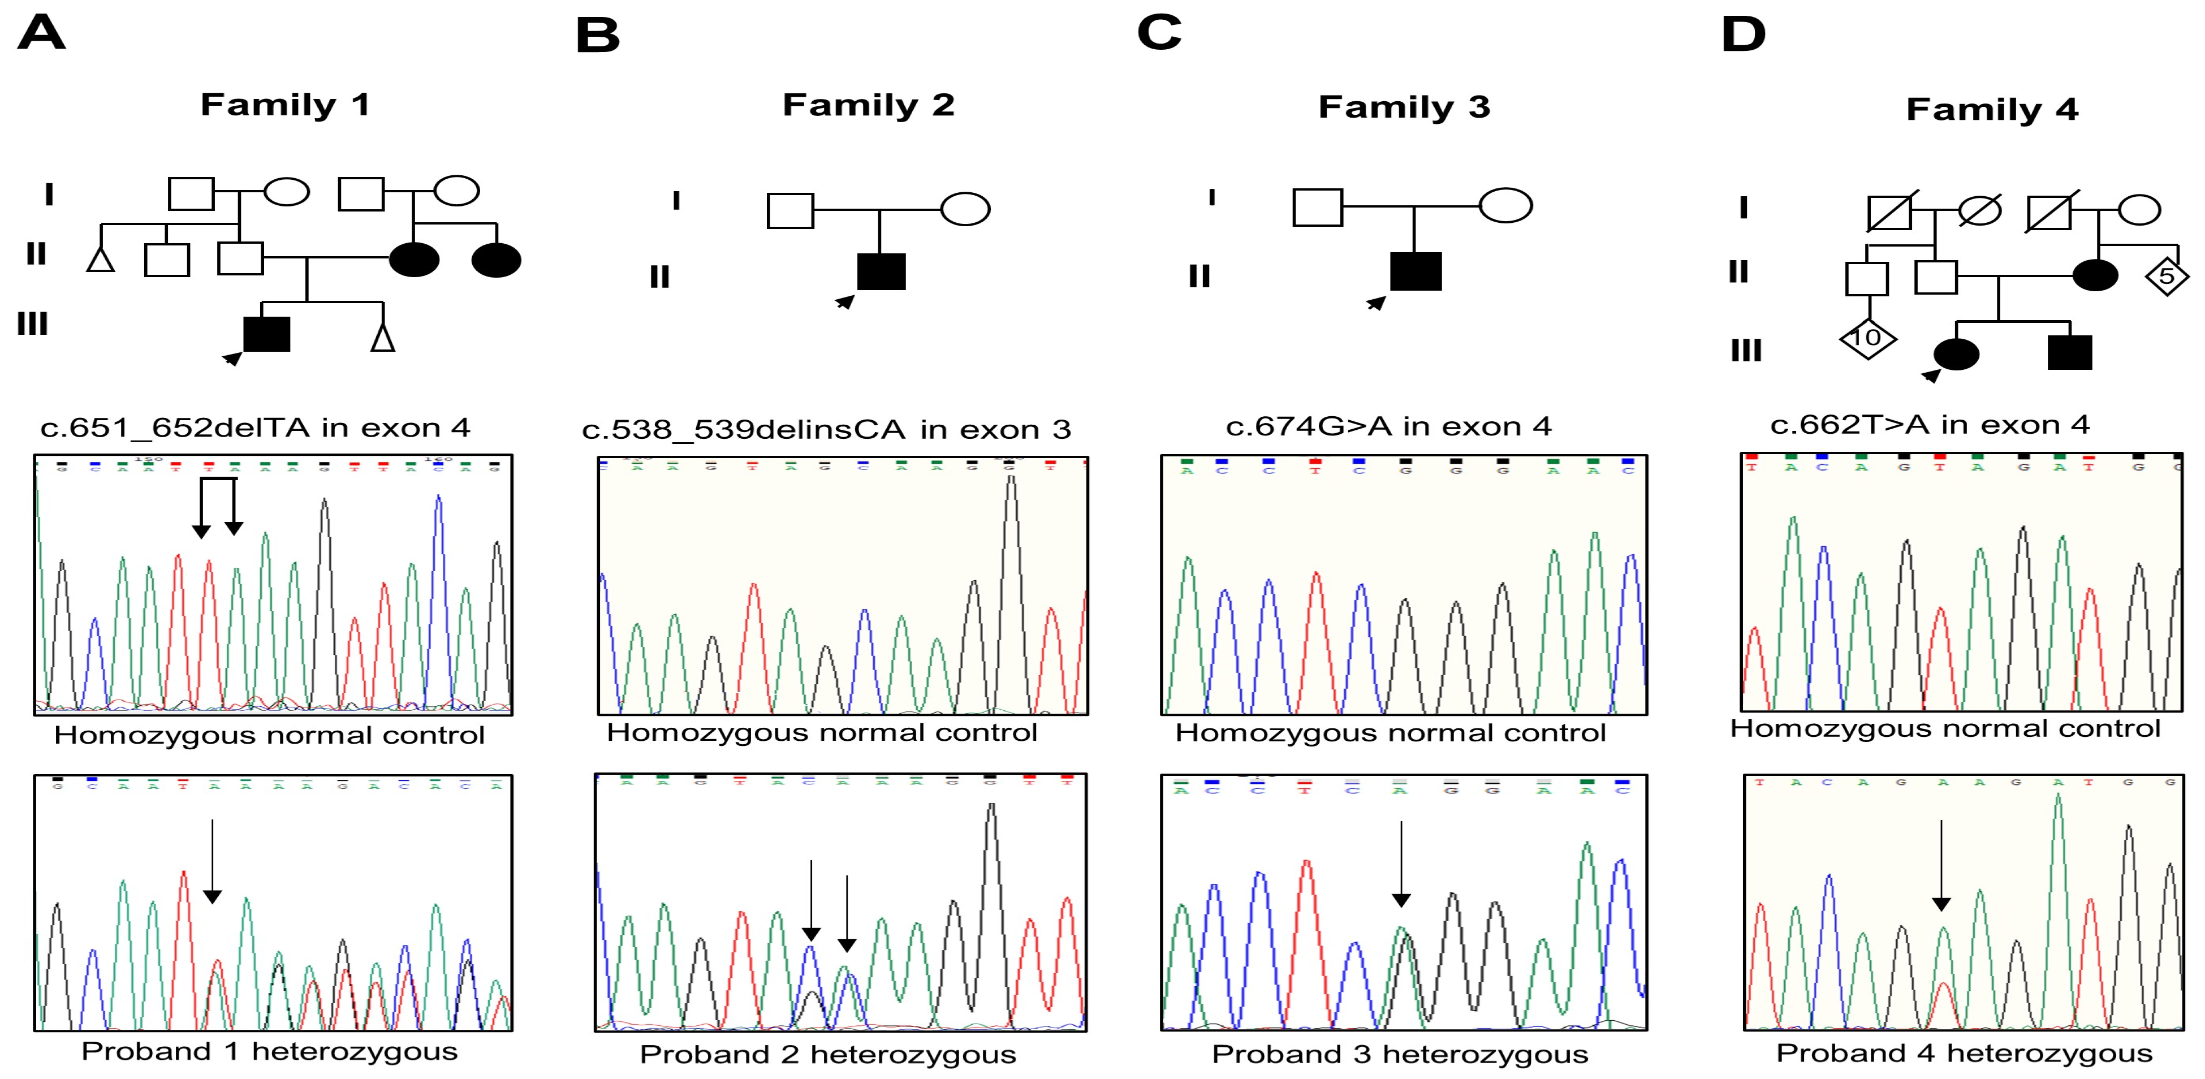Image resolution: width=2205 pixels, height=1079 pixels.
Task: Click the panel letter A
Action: coord(41,34)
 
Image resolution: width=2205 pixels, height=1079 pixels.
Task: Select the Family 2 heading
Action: coord(868,105)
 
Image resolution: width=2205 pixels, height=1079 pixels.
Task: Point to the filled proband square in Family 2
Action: coord(881,272)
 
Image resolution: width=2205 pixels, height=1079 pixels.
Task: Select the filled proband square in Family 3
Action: coord(1416,271)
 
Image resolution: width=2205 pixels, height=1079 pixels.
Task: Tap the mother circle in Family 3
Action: coord(1505,205)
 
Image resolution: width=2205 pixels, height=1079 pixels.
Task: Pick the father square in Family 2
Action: coord(790,210)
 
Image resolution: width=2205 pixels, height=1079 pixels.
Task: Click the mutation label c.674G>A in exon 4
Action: coord(1388,426)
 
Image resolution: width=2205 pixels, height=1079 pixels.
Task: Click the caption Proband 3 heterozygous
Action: coord(1400,1054)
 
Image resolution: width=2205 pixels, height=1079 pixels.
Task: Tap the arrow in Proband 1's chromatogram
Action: coord(212,860)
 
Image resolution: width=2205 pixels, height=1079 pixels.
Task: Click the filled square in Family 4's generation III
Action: coord(2069,352)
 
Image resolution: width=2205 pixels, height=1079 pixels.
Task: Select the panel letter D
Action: coord(1743,35)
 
